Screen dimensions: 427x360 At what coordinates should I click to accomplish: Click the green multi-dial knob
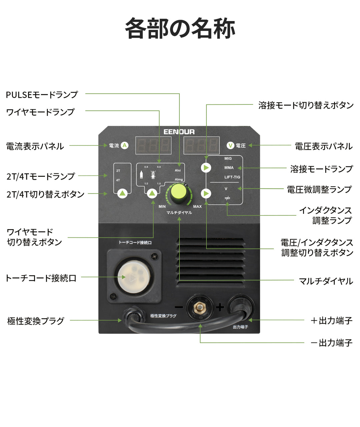pos(179,193)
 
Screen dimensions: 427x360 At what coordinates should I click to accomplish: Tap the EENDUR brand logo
pos(179,132)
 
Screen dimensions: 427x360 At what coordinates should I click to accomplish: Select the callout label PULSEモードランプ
pos(42,95)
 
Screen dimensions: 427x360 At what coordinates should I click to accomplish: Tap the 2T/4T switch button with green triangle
pos(123,193)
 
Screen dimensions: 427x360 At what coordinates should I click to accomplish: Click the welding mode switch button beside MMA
pos(206,167)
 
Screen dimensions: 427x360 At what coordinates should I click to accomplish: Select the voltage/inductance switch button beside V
pos(206,193)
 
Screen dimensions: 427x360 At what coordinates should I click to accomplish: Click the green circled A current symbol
pos(124,145)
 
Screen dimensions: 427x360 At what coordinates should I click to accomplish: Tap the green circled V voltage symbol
pos(230,145)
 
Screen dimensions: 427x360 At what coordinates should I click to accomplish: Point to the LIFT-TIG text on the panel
pos(232,177)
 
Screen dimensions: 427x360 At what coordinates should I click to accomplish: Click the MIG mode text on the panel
pos(228,158)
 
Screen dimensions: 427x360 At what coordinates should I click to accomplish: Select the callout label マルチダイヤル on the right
pos(326,281)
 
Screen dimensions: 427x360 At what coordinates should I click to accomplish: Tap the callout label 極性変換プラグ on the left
pos(36,321)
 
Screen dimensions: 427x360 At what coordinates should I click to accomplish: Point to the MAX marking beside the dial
pos(197,206)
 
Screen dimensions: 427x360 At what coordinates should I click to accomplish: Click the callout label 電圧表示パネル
pos(323,146)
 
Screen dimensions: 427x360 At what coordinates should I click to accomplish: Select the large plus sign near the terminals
pos(220,307)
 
